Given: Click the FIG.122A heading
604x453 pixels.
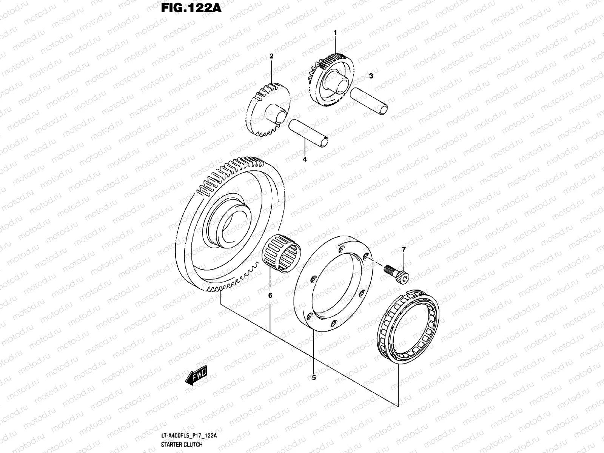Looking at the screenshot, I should pos(191,8).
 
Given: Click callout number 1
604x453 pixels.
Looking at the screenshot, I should pos(335,33).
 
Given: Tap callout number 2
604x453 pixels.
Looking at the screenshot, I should pos(271,56).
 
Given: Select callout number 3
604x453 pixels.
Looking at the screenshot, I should pos(371,76).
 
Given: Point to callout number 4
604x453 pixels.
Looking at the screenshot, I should pos(305,159).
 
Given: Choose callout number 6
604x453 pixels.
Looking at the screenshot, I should pos(270,296).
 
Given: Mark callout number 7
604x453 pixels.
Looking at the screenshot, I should pos(404,250).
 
